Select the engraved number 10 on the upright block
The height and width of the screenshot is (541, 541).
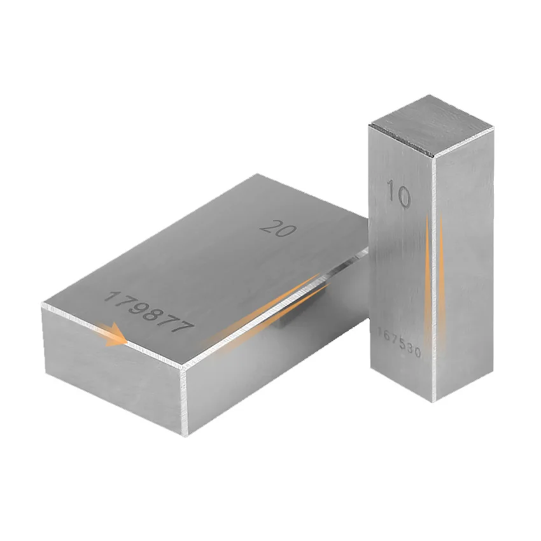pyautogui.click(x=398, y=194)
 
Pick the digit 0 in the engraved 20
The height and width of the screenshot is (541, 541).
pyautogui.click(x=286, y=230)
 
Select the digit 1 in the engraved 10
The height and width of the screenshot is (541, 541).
pyautogui.click(x=390, y=193)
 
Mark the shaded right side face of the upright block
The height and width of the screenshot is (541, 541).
pyautogui.click(x=465, y=267)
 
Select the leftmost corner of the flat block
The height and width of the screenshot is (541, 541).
pyautogui.click(x=42, y=307)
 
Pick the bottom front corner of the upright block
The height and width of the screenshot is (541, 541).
pyautogui.click(x=433, y=402)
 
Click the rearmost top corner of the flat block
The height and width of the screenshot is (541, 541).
pyautogui.click(x=256, y=174)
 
